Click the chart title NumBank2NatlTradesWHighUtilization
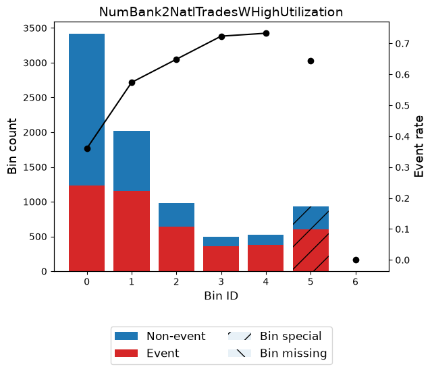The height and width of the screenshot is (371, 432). [x=221, y=12]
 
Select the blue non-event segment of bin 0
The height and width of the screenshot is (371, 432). [x=87, y=109]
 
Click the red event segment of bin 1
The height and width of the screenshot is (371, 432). [x=132, y=231]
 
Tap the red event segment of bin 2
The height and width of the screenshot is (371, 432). [x=176, y=249]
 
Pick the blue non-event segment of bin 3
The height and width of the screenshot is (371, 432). [x=221, y=241]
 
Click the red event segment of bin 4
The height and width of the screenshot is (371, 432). [x=265, y=258]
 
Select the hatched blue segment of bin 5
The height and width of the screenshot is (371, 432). [x=310, y=218]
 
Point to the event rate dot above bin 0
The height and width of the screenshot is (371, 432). [x=87, y=149]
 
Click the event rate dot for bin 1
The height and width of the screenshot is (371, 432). [x=132, y=82]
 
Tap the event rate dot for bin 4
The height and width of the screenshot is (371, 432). [x=266, y=34]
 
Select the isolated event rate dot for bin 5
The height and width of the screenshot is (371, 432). [x=310, y=61]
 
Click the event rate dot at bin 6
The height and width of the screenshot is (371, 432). [x=356, y=260]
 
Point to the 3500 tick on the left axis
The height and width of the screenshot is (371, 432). [x=35, y=28]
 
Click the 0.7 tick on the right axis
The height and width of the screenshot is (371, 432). [x=402, y=44]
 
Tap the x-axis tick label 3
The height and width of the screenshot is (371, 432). [x=221, y=282]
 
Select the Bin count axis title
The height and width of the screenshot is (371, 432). [x=12, y=146]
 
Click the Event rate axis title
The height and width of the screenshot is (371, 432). [x=418, y=146]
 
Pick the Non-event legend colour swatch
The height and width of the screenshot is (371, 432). [x=126, y=336]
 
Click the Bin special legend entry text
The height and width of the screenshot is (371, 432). [x=291, y=336]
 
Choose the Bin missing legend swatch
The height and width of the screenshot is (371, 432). [x=240, y=353]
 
